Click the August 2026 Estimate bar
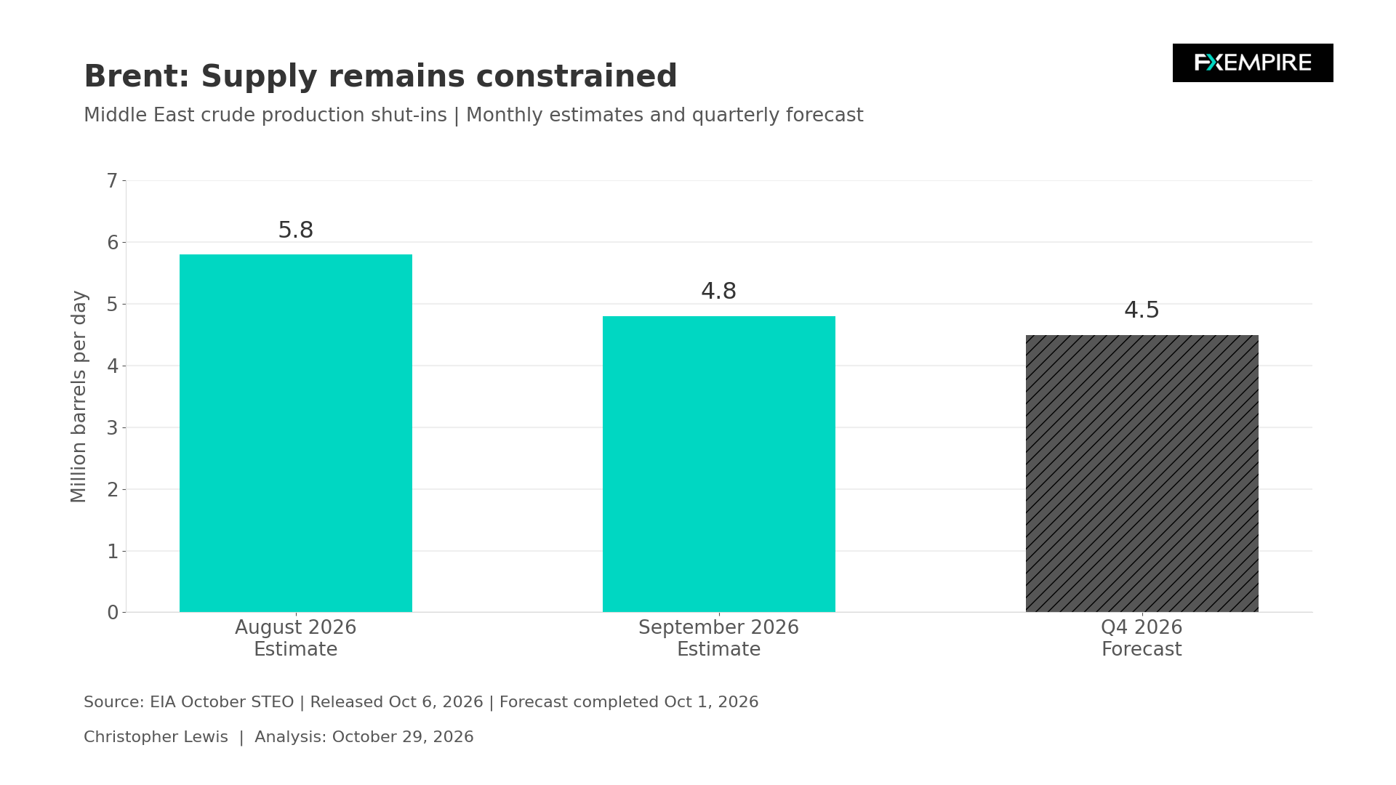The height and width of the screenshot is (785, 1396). click(295, 433)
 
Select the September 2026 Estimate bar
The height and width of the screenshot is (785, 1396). click(718, 464)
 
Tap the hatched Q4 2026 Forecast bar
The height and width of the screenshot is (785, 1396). click(1142, 473)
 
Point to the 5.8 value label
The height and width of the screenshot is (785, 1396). click(295, 230)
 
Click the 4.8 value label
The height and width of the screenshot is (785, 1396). click(718, 291)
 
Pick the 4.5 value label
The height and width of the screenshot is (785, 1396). click(1142, 310)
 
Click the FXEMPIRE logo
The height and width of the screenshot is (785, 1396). click(1253, 63)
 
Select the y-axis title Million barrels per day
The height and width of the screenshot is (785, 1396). click(79, 396)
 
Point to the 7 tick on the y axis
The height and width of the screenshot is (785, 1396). click(112, 181)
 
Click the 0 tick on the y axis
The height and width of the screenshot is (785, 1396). click(112, 613)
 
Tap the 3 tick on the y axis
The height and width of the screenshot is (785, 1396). click(112, 427)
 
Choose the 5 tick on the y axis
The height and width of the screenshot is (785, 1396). click(112, 304)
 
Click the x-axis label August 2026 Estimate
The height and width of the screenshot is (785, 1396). click(295, 638)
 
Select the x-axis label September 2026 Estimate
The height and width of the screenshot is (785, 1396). click(718, 638)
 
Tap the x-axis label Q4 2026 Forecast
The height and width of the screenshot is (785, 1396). click(1142, 638)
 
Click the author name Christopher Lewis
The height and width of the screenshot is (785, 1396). click(156, 737)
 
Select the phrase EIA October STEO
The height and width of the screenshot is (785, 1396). click(222, 702)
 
